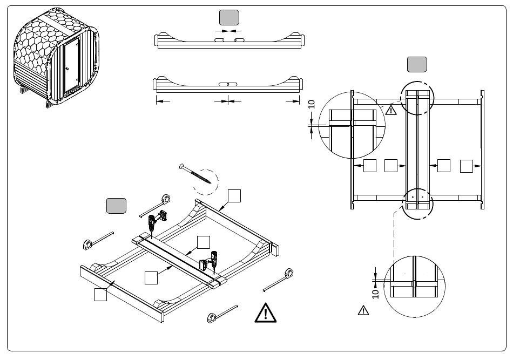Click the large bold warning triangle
265,313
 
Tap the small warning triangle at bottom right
363,310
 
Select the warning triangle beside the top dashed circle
390,110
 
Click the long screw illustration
195,174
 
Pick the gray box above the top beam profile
229,17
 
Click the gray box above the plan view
417,64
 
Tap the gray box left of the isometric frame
116,206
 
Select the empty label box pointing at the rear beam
234,196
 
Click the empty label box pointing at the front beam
100,294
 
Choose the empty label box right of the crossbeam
204,242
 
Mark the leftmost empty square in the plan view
370,166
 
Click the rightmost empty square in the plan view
466,166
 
